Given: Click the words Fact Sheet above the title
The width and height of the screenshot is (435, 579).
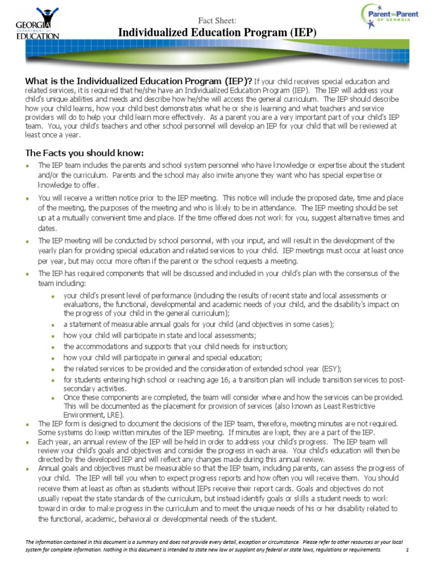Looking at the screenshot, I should pyautogui.click(x=217, y=21).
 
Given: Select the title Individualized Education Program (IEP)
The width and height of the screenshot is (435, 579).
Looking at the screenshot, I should pyautogui.click(x=217, y=33).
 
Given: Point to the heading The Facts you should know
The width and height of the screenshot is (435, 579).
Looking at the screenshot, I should pyautogui.click(x=84, y=153).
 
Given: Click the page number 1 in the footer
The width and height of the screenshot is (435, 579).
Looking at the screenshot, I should pyautogui.click(x=407, y=550).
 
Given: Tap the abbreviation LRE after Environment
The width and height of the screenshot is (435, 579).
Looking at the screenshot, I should pyautogui.click(x=112, y=414).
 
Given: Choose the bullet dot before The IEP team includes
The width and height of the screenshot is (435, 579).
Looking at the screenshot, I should pyautogui.click(x=27, y=166).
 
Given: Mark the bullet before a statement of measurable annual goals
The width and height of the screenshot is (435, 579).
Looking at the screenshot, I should pyautogui.click(x=53, y=325).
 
